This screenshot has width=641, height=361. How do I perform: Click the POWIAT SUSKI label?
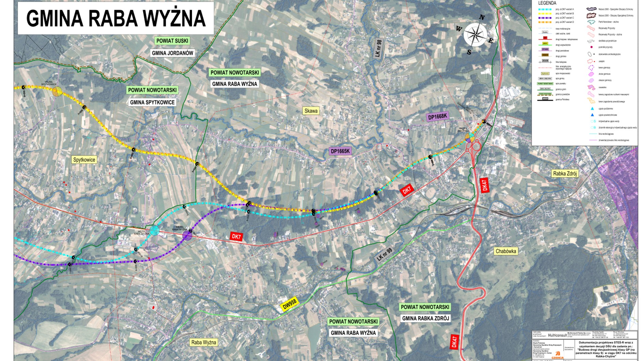(172, 41)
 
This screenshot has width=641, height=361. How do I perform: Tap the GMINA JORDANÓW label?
(173, 53)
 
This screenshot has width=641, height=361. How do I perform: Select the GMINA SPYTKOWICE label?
(152, 102)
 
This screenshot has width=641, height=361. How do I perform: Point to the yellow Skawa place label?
(311, 111)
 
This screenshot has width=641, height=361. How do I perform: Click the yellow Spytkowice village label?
(84, 160)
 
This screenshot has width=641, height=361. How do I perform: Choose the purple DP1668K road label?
(437, 116)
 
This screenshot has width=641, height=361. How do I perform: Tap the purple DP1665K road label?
(340, 151)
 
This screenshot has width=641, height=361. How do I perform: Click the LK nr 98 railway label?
(378, 48)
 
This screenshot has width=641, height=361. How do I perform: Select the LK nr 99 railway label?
(385, 254)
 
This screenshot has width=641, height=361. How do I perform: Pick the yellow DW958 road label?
(290, 303)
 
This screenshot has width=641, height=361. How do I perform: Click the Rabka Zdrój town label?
(565, 174)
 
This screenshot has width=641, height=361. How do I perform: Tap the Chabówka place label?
(506, 251)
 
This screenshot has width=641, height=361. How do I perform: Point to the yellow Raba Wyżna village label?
(204, 342)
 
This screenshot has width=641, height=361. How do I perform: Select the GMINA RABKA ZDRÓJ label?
(426, 318)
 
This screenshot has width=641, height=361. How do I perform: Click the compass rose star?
(475, 34)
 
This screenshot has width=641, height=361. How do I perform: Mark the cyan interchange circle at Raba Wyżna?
(154, 231)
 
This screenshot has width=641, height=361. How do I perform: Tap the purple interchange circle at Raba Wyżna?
(187, 235)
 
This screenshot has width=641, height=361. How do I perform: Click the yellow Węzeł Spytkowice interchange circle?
(57, 91)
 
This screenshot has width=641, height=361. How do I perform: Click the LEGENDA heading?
(547, 3)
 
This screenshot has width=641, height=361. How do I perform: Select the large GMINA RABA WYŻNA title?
(116, 18)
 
